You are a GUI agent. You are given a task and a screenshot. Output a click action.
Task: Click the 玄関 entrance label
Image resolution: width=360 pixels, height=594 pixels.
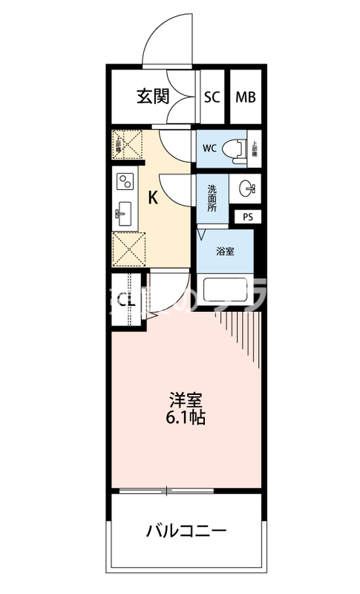[153, 96]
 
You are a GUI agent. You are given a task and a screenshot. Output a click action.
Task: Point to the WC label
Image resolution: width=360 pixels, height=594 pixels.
[209, 147]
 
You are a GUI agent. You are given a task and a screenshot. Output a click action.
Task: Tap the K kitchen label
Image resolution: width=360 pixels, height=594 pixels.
[153, 198]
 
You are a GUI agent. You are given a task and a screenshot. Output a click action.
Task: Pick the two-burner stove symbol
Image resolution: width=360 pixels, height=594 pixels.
[123, 180]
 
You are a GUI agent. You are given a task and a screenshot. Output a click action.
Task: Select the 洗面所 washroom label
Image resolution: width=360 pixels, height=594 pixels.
[212, 198]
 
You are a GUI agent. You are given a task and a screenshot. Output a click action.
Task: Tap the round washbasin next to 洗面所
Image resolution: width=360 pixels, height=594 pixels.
[246, 189]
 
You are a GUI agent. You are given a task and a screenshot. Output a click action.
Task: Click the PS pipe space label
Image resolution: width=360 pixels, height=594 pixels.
[246, 217]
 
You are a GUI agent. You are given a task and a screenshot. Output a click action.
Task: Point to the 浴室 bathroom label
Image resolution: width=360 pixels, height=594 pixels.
[225, 251]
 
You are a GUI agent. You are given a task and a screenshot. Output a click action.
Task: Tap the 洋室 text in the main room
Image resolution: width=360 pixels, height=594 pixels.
[185, 399]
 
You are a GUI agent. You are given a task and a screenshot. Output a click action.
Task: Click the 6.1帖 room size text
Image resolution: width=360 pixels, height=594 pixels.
[185, 417]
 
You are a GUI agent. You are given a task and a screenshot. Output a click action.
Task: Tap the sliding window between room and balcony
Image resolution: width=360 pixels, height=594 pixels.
[167, 491]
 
